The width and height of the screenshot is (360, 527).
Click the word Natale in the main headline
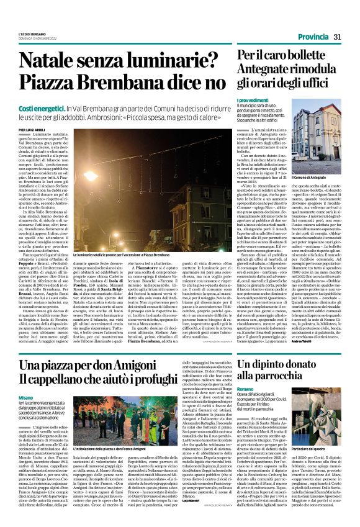[x=54, y=60]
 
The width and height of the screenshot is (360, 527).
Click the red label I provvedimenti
[x=252, y=101]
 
